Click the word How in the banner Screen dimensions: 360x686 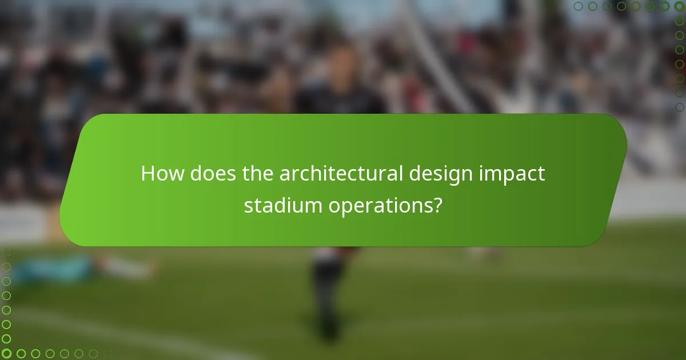pyautogui.click(x=162, y=174)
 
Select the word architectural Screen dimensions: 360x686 pyautogui.click(x=342, y=174)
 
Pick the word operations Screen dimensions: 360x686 pyautogui.click(x=378, y=206)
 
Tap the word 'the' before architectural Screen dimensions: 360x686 pyautogui.click(x=258, y=174)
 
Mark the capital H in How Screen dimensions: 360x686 pyautogui.click(x=147, y=174)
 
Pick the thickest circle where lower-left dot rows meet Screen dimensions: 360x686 pyautogui.click(x=7, y=353)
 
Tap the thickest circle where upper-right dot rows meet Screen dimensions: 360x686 pyautogui.click(x=679, y=6)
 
